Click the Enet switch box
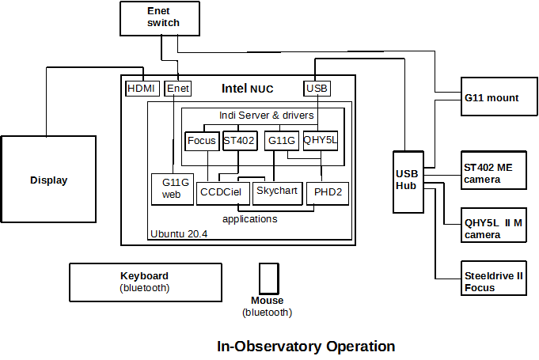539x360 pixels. click(x=163, y=17)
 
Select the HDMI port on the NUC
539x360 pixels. click(x=142, y=89)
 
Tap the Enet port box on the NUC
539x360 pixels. click(x=178, y=89)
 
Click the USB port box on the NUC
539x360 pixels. click(x=316, y=89)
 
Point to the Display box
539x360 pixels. click(x=48, y=180)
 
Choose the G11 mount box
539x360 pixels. click(x=492, y=98)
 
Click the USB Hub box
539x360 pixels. click(x=408, y=180)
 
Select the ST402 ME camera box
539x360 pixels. click(x=493, y=173)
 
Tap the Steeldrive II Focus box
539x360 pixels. click(x=493, y=282)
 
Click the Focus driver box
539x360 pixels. click(x=202, y=141)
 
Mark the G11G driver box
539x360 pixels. click(x=281, y=141)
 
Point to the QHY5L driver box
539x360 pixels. click(x=320, y=141)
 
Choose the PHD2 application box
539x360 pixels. click(x=327, y=192)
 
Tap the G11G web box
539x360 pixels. click(x=173, y=189)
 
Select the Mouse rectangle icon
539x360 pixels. click(x=268, y=279)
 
